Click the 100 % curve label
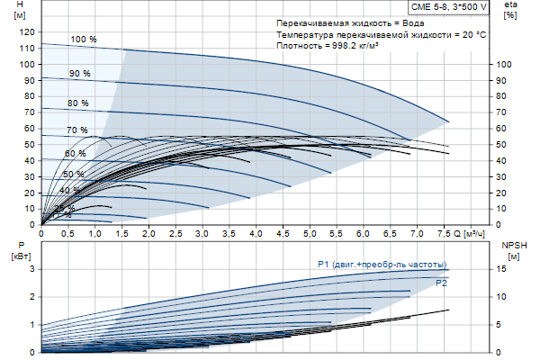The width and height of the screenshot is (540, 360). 83,40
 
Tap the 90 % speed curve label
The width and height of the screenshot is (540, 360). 80,73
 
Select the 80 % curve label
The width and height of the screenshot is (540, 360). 77,103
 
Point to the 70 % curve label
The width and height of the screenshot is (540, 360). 76,130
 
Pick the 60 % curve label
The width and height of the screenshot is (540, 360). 75,154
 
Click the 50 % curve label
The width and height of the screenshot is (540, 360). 73,174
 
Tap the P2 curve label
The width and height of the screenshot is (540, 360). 441,283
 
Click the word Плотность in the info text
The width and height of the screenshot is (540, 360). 299,46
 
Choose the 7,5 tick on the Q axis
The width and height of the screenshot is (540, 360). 443,234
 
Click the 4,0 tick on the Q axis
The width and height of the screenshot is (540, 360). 256,234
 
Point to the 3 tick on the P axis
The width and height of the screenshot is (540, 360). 31,269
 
